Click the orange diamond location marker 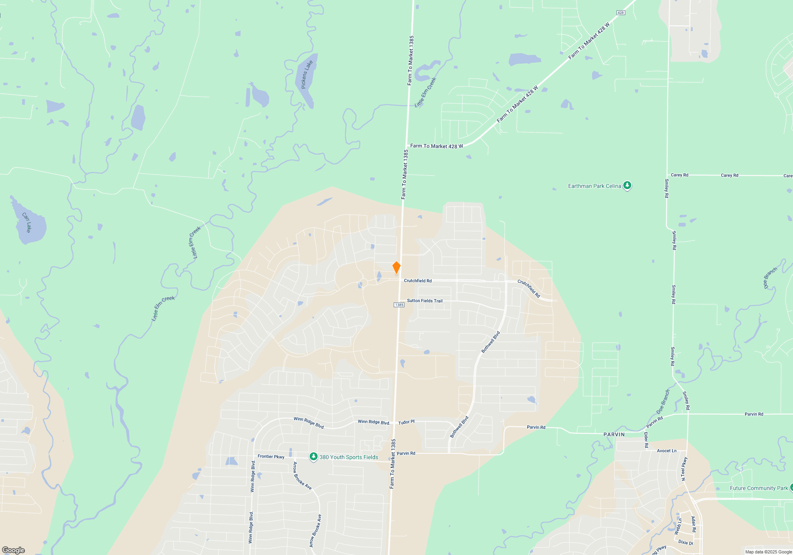point(396,268)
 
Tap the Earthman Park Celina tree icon point(627,185)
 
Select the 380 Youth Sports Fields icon point(314,457)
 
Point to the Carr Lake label point(27,222)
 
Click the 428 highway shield point(621,13)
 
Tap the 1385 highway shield point(399,305)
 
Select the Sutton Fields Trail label point(425,301)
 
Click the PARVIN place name point(614,434)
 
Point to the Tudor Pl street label point(406,422)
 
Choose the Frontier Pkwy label point(271,457)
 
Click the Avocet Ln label point(667,451)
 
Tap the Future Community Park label point(759,488)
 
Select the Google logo point(13,550)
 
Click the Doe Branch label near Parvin point(663,401)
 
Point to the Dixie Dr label point(686,542)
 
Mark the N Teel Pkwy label point(684,469)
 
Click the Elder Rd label point(646,440)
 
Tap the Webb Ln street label point(678,526)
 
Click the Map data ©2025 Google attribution point(768,552)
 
